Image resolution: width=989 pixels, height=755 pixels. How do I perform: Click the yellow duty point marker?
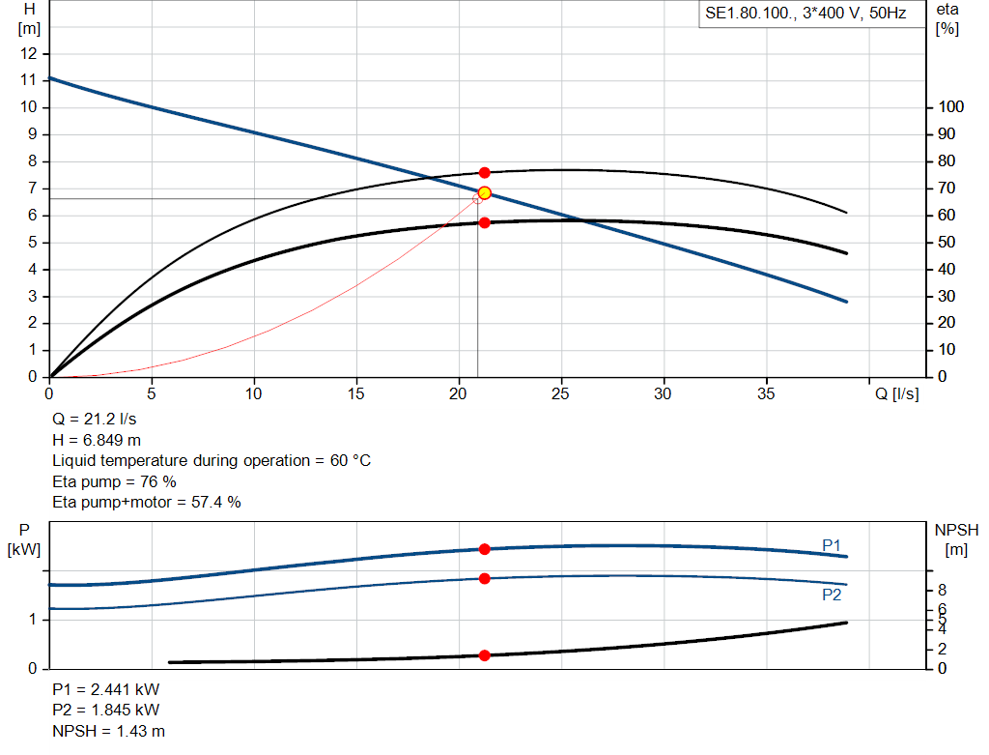coord(485,193)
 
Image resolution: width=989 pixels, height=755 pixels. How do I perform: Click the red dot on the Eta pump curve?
coord(485,172)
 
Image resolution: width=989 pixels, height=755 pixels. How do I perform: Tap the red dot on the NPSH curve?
coord(485,655)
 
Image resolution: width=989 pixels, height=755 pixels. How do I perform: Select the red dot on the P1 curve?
coord(485,549)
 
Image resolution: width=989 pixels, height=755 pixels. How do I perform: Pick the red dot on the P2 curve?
coord(485,578)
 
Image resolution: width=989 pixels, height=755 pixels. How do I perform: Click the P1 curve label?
coord(832,546)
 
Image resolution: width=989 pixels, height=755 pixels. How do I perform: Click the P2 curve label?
coord(832,595)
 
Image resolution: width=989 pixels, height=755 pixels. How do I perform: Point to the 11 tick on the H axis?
coord(29,80)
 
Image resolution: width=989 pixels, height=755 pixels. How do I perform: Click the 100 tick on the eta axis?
coord(950,107)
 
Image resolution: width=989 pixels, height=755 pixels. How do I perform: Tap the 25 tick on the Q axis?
coord(561,393)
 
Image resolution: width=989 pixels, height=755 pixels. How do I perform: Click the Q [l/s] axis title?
coord(896,393)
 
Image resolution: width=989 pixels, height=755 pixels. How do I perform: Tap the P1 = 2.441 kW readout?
coord(106,690)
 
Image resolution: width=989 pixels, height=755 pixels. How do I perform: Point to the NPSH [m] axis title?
coord(956,538)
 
